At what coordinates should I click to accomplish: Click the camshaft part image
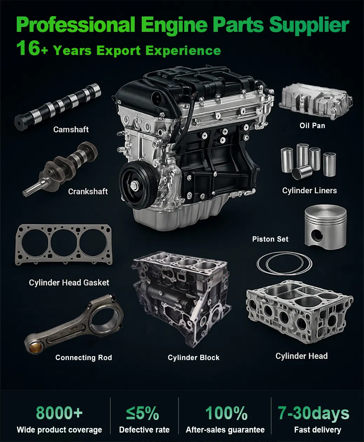click(x=58, y=105)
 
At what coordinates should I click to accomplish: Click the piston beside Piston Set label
click(x=325, y=226)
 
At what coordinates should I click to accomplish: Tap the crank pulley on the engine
click(x=137, y=184)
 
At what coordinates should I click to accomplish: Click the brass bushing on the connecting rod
click(x=34, y=348)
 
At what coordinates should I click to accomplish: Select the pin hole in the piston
click(x=317, y=235)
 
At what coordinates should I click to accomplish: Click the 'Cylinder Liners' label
click(x=309, y=191)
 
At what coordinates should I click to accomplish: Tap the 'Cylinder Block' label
click(x=194, y=358)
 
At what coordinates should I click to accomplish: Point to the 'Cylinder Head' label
click(x=301, y=356)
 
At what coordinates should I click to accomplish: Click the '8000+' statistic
click(x=59, y=413)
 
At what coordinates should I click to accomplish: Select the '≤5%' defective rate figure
click(x=142, y=413)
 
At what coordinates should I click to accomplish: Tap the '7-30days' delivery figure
click(x=313, y=413)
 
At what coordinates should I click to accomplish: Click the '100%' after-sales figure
click(x=226, y=413)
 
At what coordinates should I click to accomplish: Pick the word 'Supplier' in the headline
click(x=309, y=25)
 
